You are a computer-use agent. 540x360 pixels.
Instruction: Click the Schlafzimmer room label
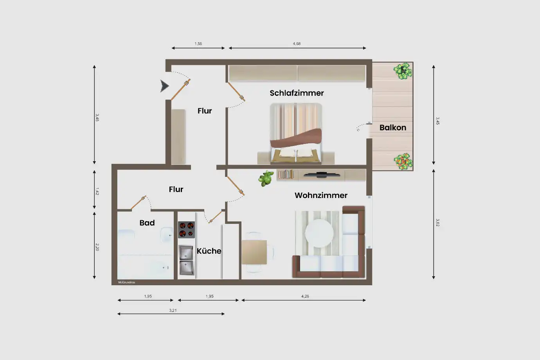pos(297,93)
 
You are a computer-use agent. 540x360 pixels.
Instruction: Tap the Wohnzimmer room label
pos(321,195)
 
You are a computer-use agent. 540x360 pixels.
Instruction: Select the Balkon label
pos(393,128)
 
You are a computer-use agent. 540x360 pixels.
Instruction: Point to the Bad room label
pos(147,223)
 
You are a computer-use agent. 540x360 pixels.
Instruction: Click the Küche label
pos(209,251)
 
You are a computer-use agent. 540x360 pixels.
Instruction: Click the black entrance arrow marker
pos(164,86)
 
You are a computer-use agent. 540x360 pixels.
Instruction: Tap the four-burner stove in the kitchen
pos(186,230)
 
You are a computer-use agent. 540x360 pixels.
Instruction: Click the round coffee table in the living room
pos(319,233)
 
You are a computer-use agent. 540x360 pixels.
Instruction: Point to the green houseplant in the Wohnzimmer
pos(266,178)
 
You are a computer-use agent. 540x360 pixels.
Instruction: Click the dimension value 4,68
pos(297,44)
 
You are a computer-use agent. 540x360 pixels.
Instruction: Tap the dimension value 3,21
pos(173,310)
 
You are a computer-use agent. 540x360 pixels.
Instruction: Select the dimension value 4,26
pos(305,296)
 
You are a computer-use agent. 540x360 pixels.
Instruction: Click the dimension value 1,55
pos(198,44)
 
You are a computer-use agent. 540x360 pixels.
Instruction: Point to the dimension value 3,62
pos(437,223)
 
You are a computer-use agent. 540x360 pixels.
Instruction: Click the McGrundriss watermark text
pos(126,283)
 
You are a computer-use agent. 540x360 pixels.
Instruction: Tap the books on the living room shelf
pos(286,174)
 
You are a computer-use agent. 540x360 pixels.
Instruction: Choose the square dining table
pos(254,252)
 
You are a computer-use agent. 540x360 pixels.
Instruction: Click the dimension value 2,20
pos(97,247)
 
